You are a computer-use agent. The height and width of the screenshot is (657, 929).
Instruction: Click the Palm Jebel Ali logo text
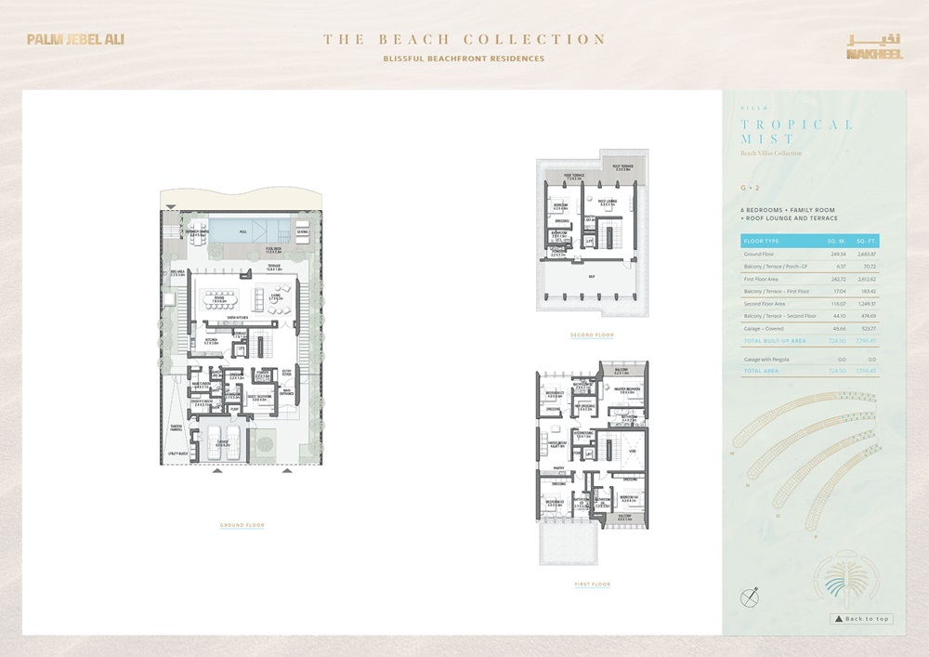(x=75, y=40)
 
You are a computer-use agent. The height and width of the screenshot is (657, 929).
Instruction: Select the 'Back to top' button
(x=861, y=619)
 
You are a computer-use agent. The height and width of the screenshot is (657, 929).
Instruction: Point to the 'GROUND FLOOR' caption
(x=242, y=526)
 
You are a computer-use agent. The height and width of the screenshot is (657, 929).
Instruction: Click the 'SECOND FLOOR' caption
(x=592, y=335)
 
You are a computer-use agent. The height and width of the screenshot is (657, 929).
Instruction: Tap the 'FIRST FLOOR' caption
(x=592, y=585)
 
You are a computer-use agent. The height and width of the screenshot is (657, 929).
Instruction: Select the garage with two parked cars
(x=222, y=440)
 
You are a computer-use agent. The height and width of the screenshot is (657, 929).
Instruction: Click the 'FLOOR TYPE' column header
(x=761, y=241)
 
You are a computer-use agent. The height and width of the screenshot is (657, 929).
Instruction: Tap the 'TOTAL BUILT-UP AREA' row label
(x=773, y=341)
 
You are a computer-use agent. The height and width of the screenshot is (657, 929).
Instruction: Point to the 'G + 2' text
(x=750, y=189)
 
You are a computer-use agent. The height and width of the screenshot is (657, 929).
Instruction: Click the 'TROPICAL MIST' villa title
(x=796, y=131)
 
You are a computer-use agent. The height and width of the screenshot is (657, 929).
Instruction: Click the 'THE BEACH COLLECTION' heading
(x=464, y=40)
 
